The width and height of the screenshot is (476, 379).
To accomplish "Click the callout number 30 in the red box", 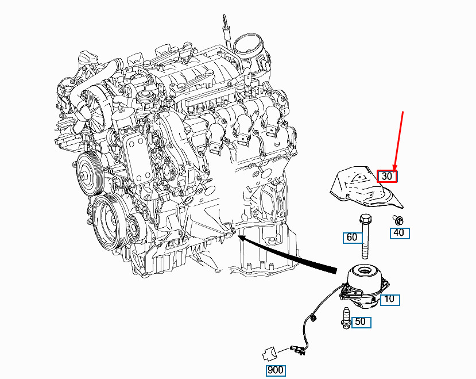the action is tap(387, 176).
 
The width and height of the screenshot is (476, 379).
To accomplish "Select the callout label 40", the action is tap(400, 233).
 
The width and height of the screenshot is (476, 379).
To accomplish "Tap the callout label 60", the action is tap(353, 238).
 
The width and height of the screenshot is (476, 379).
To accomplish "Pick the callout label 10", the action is tap(390, 300).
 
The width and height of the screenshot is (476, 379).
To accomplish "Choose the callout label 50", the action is tap(361, 322).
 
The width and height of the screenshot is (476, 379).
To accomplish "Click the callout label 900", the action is tap(276, 370).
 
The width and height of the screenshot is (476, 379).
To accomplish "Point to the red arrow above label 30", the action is tap(398, 141).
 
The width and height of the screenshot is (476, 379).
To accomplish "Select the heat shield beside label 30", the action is tap(367, 187).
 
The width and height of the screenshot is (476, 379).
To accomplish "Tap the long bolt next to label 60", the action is tap(365, 236).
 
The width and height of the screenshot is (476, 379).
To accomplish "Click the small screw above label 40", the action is tap(398, 220).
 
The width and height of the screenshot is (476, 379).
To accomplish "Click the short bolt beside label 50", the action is tap(346, 318).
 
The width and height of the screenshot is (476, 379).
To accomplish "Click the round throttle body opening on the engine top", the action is tap(249, 44).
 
